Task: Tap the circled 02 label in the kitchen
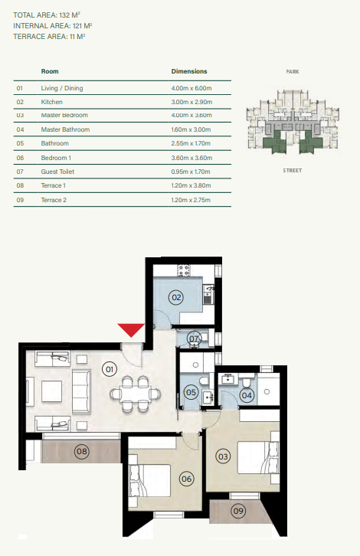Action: tap(176, 297)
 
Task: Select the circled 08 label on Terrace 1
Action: tap(82, 451)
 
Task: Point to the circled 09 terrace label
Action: tap(238, 511)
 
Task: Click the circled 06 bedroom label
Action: tap(187, 479)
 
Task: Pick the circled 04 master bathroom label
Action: tap(247, 395)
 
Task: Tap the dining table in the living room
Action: tap(135, 394)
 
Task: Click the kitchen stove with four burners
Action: tap(184, 270)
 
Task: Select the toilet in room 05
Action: tap(204, 381)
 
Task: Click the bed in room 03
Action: tap(258, 457)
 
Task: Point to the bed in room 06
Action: tap(149, 481)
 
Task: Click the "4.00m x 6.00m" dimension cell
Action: tap(191, 88)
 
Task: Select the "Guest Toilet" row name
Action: tap(57, 172)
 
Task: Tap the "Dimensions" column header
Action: tap(189, 71)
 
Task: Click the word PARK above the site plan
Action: tap(293, 72)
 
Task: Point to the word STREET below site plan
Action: tap(293, 171)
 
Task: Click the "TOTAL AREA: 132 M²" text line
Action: tap(47, 15)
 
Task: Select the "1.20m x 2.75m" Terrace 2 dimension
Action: tap(191, 200)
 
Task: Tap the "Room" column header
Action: tap(50, 71)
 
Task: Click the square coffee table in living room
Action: tap(52, 391)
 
